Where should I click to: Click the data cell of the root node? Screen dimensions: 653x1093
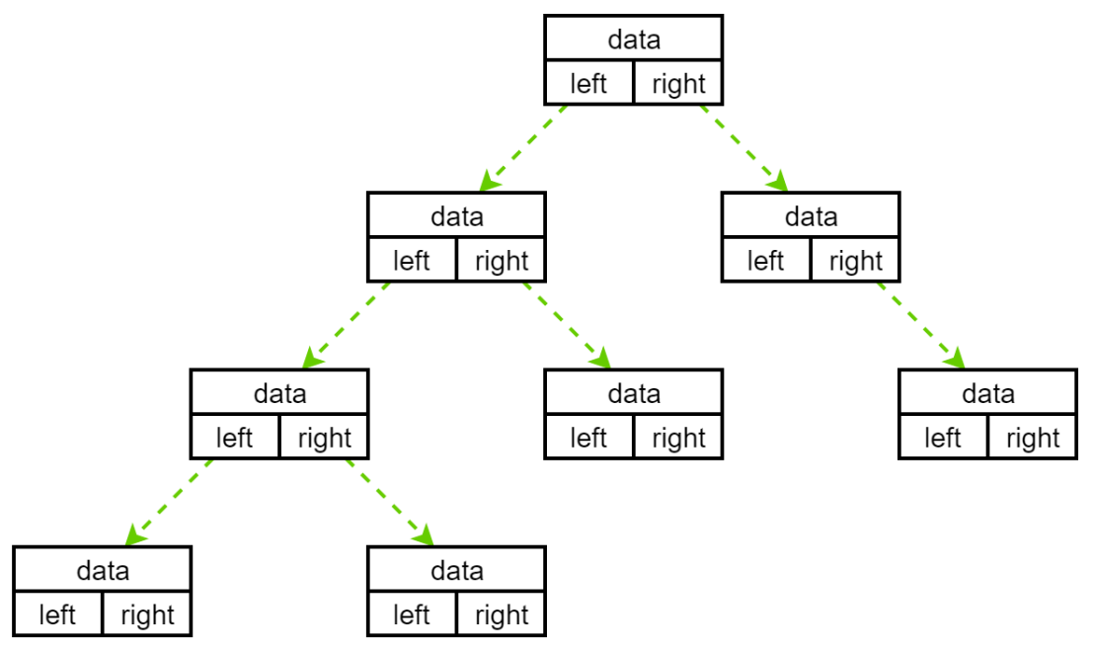click(633, 40)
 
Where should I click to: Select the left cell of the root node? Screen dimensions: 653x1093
click(588, 84)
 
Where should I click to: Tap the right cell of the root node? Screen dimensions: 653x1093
click(678, 84)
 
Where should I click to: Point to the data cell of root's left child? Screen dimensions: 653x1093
click(456, 216)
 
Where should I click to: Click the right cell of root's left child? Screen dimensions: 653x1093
click(501, 261)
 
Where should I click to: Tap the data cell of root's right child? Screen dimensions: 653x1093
click(811, 216)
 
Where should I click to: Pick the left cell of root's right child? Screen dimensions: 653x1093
click(765, 261)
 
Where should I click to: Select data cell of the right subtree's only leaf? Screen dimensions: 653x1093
click(987, 393)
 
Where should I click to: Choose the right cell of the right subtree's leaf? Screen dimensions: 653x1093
click(1032, 438)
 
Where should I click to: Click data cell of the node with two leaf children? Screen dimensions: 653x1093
click(279, 393)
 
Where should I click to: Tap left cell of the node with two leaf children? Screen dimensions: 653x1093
click(234, 438)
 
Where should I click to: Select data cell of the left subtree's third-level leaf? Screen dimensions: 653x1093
click(633, 393)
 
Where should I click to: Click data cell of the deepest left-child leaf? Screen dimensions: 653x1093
click(103, 570)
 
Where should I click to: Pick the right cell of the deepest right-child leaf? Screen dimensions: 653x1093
click(501, 615)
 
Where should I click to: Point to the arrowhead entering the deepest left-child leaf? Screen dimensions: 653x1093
click(134, 537)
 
